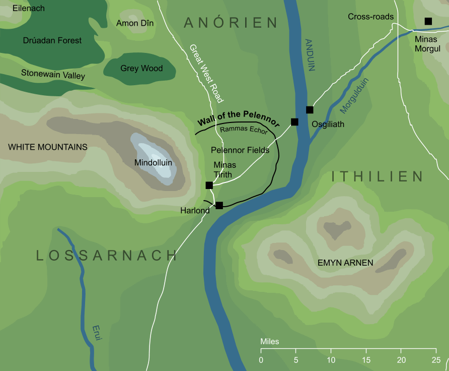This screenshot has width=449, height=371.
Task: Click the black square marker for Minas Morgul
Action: (x=428, y=21)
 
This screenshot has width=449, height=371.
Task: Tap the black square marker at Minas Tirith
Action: (x=209, y=185)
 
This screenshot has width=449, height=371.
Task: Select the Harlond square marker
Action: (x=219, y=205)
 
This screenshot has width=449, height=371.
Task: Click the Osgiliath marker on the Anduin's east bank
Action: (x=310, y=110)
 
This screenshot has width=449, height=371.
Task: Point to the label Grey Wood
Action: (x=141, y=69)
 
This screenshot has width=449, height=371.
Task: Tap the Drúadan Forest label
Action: (x=52, y=40)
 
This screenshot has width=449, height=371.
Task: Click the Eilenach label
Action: (x=29, y=9)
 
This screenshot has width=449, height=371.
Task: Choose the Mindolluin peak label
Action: (x=154, y=163)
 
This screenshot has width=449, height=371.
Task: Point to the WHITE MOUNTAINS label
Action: (x=48, y=147)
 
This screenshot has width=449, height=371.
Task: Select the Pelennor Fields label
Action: (x=240, y=150)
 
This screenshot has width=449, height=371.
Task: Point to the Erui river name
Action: (x=97, y=333)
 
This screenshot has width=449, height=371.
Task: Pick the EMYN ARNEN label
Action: (x=345, y=263)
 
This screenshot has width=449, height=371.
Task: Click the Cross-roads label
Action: (x=370, y=17)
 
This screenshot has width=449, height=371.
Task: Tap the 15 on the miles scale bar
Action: (x=366, y=360)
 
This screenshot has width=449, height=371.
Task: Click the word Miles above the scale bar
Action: (x=270, y=341)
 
